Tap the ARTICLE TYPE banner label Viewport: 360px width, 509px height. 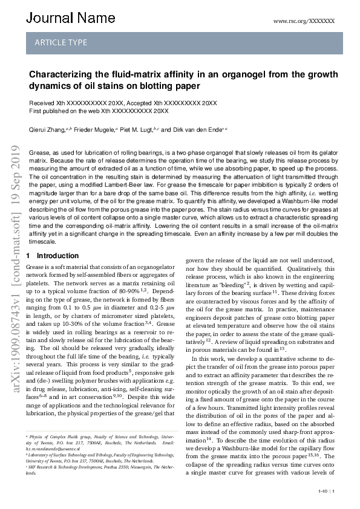61,43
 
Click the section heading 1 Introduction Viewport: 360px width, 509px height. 53,256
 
